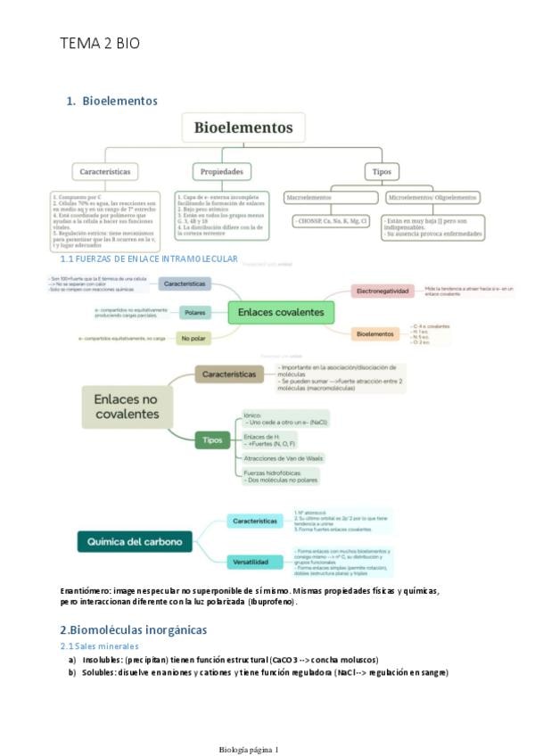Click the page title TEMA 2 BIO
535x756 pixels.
[100, 43]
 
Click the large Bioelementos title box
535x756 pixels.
[243, 127]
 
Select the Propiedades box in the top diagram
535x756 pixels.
[222, 171]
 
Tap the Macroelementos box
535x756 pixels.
[308, 197]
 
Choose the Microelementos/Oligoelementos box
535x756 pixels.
[433, 197]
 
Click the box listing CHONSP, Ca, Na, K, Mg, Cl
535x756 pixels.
[332, 220]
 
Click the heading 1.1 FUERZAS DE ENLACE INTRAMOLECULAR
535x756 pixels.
[149, 259]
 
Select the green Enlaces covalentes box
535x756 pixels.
[282, 312]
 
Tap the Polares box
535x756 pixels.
[193, 312]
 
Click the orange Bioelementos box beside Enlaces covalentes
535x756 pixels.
[375, 333]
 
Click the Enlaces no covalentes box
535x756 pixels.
[126, 406]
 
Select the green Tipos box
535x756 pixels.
[213, 440]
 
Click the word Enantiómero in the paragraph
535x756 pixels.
[86, 590]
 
